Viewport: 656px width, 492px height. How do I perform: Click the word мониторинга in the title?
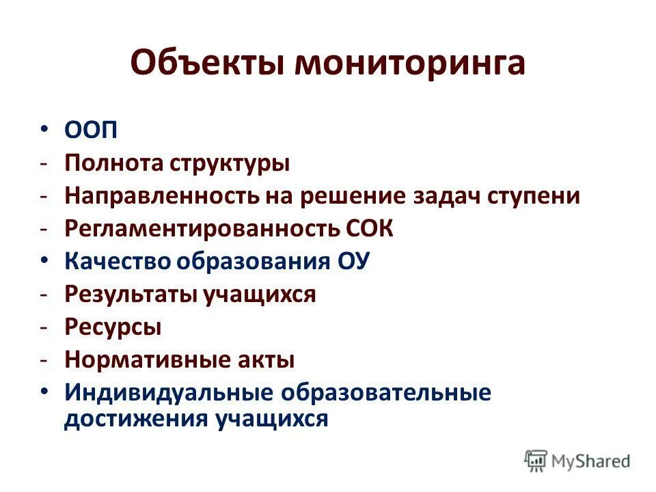click(410, 64)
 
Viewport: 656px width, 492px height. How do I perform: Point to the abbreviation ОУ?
click(353, 262)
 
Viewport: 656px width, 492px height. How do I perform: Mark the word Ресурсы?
click(113, 327)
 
